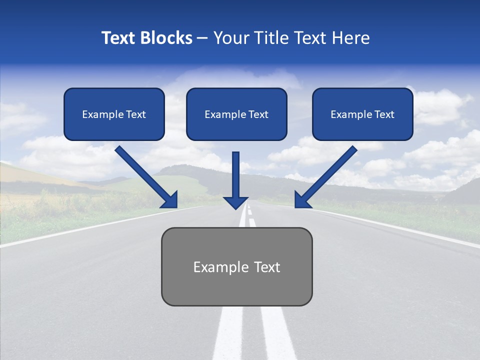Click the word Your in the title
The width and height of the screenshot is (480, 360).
pos(229,38)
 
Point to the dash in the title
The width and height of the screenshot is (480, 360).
pos(202,38)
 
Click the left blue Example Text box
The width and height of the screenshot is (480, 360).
pos(114,114)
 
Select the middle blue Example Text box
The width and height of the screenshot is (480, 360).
pos(236,114)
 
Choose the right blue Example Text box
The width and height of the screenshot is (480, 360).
pos(362,114)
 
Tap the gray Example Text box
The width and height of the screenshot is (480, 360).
pos(236,266)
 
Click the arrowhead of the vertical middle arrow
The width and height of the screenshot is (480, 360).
pos(236,202)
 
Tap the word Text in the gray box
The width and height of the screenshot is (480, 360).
pos(267,267)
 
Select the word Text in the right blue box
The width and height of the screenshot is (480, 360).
pos(384,114)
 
